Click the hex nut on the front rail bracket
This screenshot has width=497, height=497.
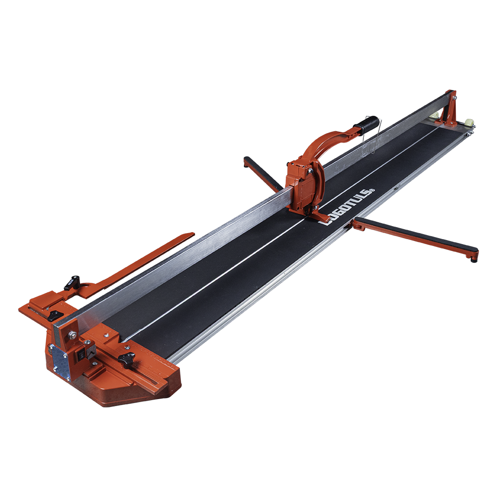[x=72, y=334]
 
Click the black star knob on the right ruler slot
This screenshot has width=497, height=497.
[x=126, y=359]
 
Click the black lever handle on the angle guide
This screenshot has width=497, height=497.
[x=72, y=283]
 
